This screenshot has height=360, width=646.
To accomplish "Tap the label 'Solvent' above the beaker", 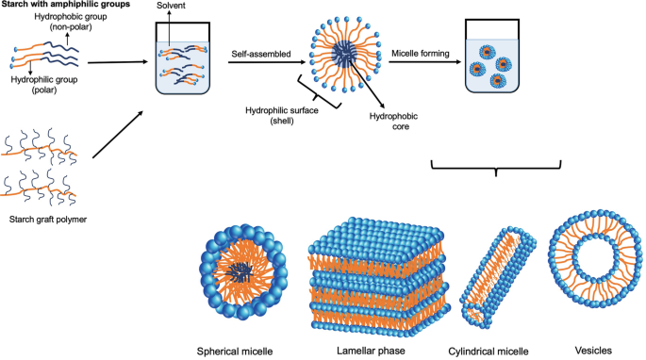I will pos(190,8).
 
